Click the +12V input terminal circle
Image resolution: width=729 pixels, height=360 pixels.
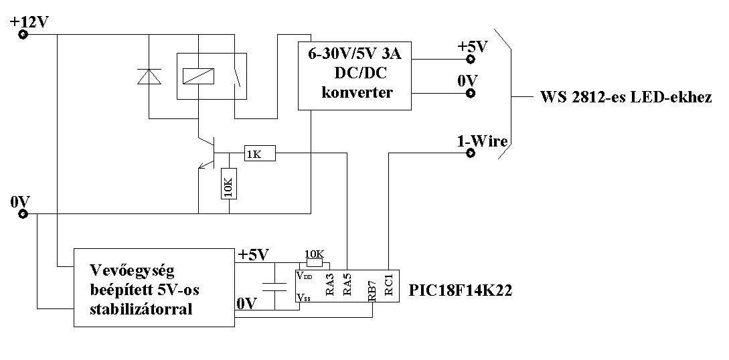pyautogui.click(x=23, y=34)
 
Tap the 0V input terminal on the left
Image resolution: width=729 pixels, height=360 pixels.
pyautogui.click(x=23, y=214)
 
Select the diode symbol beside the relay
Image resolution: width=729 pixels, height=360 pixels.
pyautogui.click(x=149, y=76)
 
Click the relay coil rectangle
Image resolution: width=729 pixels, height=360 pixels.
pyautogui.click(x=199, y=76)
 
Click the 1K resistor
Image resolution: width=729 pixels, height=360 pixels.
pyautogui.click(x=260, y=154)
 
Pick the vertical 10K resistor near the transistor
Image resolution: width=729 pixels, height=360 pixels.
pyautogui.click(x=229, y=183)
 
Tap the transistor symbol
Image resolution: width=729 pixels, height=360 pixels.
pyautogui.click(x=206, y=153)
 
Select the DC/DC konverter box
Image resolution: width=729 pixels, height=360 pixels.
pyautogui.click(x=355, y=76)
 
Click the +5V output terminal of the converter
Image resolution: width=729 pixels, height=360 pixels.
pyautogui.click(x=471, y=59)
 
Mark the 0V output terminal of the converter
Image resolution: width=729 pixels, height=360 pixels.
pyautogui.click(x=471, y=93)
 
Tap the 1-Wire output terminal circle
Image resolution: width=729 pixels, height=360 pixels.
pyautogui.click(x=471, y=153)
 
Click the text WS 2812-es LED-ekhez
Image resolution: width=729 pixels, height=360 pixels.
pyautogui.click(x=626, y=98)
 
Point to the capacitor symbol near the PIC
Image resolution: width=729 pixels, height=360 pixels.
pyautogui.click(x=274, y=286)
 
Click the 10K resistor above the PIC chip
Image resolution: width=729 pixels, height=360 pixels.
pyautogui.click(x=314, y=263)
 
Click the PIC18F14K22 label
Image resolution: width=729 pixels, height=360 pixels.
pyautogui.click(x=461, y=290)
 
